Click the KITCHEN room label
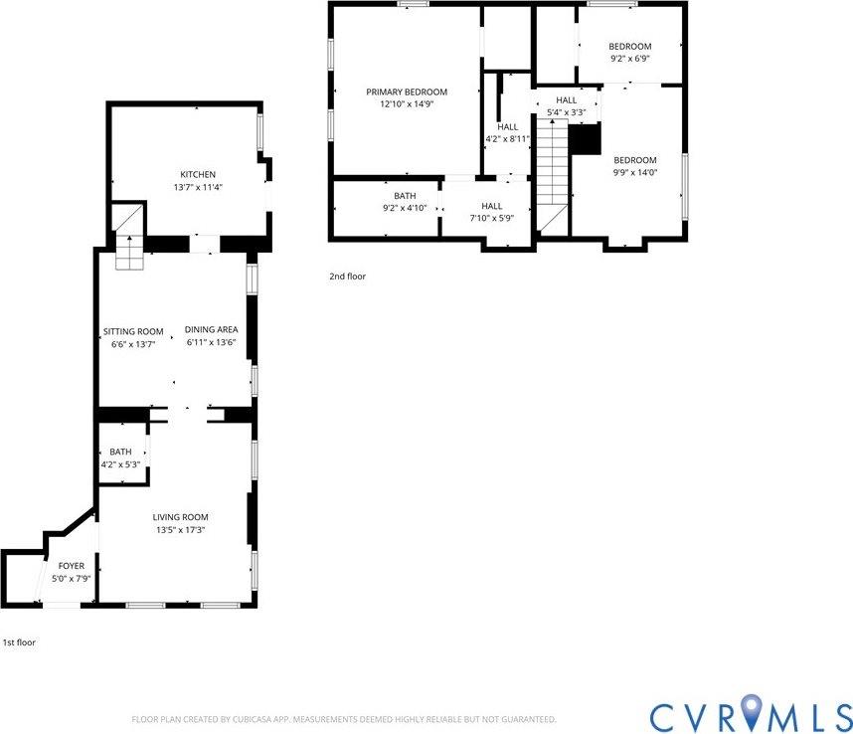tap(197, 175)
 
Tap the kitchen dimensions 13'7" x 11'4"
tap(197, 187)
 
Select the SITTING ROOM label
tap(133, 331)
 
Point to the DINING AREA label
tap(210, 331)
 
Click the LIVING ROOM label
tap(180, 517)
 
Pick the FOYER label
tap(72, 566)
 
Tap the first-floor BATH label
tap(120, 452)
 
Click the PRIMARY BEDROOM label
tap(406, 92)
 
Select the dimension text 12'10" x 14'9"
tap(406, 103)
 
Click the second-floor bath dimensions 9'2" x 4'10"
tap(405, 208)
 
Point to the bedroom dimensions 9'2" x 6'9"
tap(629, 59)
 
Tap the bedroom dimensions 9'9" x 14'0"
tap(634, 172)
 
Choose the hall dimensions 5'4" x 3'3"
tap(566, 112)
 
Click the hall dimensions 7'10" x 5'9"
tap(491, 218)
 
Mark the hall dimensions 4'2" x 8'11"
tap(508, 139)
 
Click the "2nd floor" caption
tap(347, 276)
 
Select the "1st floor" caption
tap(19, 642)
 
